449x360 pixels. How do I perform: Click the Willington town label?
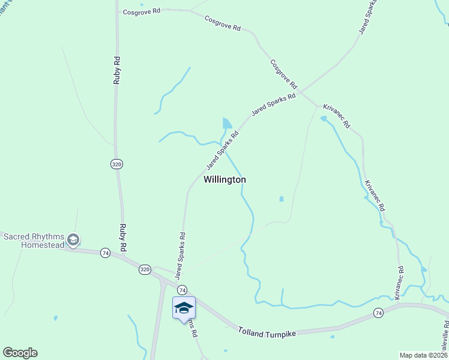224,179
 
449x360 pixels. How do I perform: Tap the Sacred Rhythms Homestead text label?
34,241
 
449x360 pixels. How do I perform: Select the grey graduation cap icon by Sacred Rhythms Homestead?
73,241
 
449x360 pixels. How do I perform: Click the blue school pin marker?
184,309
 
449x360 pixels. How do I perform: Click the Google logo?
20,353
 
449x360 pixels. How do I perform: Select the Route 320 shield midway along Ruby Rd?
116,163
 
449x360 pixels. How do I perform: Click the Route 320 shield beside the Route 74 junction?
144,269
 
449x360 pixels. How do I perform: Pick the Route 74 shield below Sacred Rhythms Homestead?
106,253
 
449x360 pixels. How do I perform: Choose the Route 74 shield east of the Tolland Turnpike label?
378,313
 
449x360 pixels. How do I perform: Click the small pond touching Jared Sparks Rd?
227,124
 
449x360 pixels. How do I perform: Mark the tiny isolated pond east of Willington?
281,199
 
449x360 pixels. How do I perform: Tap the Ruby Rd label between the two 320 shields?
122,239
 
